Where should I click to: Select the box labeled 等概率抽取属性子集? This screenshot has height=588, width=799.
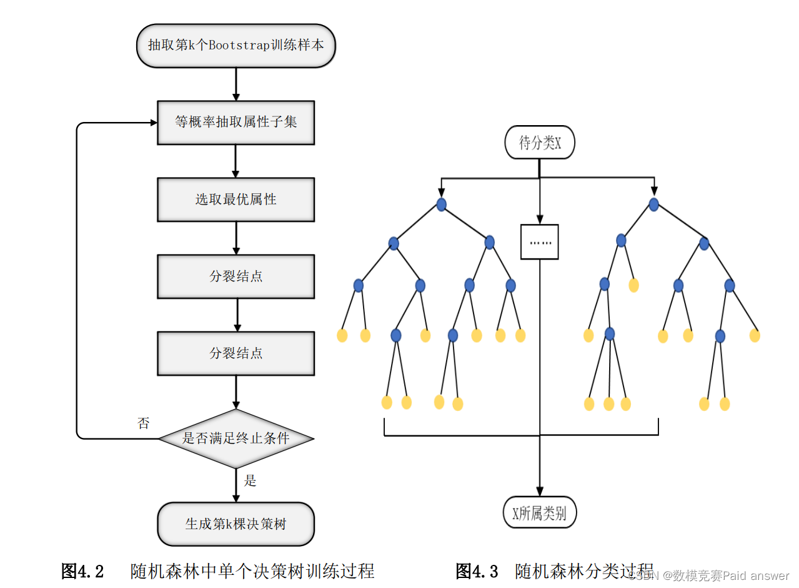tap(236, 123)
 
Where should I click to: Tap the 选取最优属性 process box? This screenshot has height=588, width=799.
tap(236, 200)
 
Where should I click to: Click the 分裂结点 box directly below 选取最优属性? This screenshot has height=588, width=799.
tap(236, 276)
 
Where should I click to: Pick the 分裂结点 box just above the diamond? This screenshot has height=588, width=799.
tap(236, 353)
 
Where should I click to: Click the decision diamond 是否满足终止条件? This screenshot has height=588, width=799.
tap(236, 438)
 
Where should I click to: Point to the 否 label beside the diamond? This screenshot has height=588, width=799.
tap(144, 423)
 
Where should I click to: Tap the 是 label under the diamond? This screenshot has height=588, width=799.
tap(251, 480)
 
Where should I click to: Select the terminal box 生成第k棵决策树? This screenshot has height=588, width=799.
tap(236, 524)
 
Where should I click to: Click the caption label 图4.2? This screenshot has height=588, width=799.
tap(82, 571)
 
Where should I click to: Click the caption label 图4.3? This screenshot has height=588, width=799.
tap(477, 571)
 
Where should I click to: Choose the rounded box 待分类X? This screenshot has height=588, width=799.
tap(540, 143)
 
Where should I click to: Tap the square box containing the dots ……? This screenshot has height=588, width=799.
tap(540, 241)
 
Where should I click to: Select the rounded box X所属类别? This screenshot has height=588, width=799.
tap(540, 514)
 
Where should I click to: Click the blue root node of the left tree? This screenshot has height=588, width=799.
tap(442, 205)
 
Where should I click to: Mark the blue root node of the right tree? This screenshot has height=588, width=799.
tap(653, 205)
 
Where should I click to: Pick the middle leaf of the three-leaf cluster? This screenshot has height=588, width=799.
tap(609, 404)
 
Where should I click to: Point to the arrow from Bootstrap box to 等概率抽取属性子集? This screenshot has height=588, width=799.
tap(236, 84)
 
